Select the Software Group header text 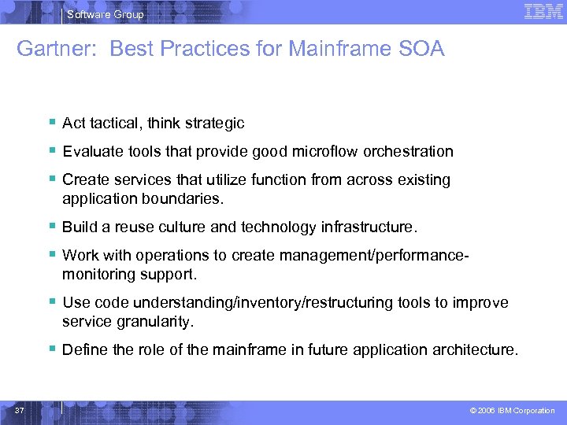point(106,14)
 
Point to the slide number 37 point(19,410)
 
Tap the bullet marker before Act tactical point(51,123)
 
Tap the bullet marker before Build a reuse point(51,227)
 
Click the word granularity point(154,321)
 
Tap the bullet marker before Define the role point(51,349)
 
